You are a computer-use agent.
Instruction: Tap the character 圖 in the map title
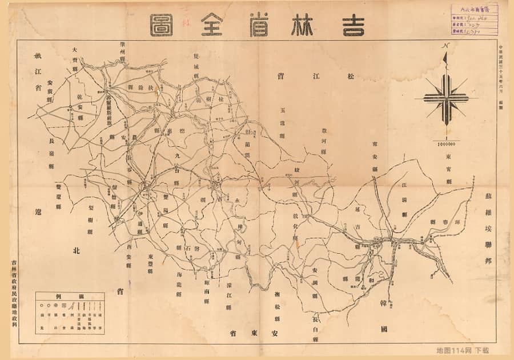click(x=162, y=25)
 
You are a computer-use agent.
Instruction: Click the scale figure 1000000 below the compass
click(x=445, y=144)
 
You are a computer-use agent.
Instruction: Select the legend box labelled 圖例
click(x=70, y=313)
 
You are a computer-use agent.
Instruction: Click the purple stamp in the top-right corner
click(x=474, y=20)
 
